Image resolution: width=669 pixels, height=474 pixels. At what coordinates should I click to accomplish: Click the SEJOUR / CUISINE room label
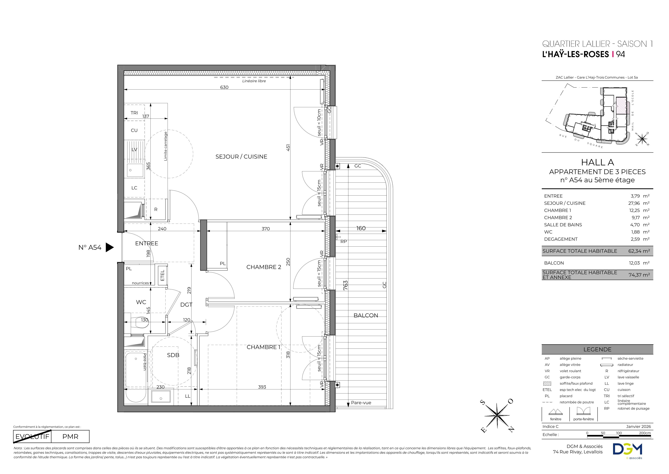coord(241,157)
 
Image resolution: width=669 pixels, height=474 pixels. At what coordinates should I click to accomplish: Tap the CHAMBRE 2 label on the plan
coord(264,267)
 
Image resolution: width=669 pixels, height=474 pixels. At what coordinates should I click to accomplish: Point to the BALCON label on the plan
coord(366,316)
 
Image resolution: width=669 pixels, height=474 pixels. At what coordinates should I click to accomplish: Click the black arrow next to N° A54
coord(109,248)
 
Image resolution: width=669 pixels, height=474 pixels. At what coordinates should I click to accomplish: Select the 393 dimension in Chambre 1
coord(262,387)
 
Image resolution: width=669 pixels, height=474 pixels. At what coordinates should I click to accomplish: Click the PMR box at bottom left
coord(70,437)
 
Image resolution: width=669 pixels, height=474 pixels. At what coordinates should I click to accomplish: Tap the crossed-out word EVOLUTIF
coord(32,437)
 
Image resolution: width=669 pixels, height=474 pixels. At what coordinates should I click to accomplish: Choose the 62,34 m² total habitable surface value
coord(639,251)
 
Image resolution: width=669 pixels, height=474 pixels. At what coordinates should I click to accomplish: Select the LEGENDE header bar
coord(597,349)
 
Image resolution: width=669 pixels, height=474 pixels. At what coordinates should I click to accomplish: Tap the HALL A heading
coord(597,162)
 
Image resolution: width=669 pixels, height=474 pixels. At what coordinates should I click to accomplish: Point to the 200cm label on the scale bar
coord(645,433)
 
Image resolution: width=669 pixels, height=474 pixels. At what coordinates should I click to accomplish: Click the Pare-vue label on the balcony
coord(361,403)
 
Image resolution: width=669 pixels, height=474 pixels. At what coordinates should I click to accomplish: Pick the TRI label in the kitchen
coord(134,113)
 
